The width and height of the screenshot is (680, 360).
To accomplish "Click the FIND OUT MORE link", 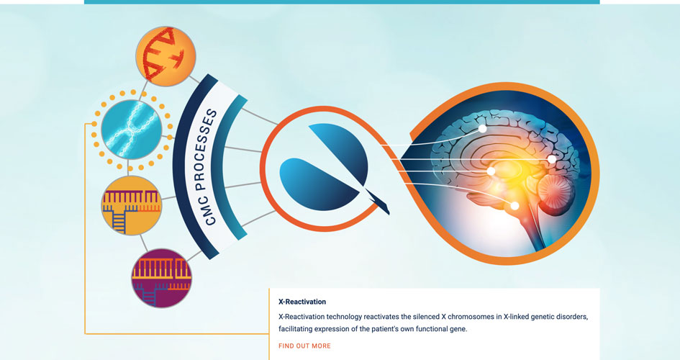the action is (304, 346).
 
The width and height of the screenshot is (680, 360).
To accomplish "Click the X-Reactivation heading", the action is (302, 302).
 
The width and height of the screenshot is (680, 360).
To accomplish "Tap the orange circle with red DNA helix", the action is (166, 56).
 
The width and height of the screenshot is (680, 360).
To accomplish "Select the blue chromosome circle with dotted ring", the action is (132, 130).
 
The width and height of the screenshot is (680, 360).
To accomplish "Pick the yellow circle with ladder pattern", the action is (132, 206).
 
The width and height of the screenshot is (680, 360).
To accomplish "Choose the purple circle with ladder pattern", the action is (161, 278).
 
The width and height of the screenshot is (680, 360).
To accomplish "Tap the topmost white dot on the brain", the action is (482, 129).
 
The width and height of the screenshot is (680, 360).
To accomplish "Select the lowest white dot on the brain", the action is (514, 206).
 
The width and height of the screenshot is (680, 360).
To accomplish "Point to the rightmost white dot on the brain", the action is (552, 159).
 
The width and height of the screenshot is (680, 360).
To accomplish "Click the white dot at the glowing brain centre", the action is (491, 171).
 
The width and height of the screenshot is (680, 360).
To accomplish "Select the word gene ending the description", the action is (459, 329).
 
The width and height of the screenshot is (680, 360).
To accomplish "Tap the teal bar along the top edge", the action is (342, 1).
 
